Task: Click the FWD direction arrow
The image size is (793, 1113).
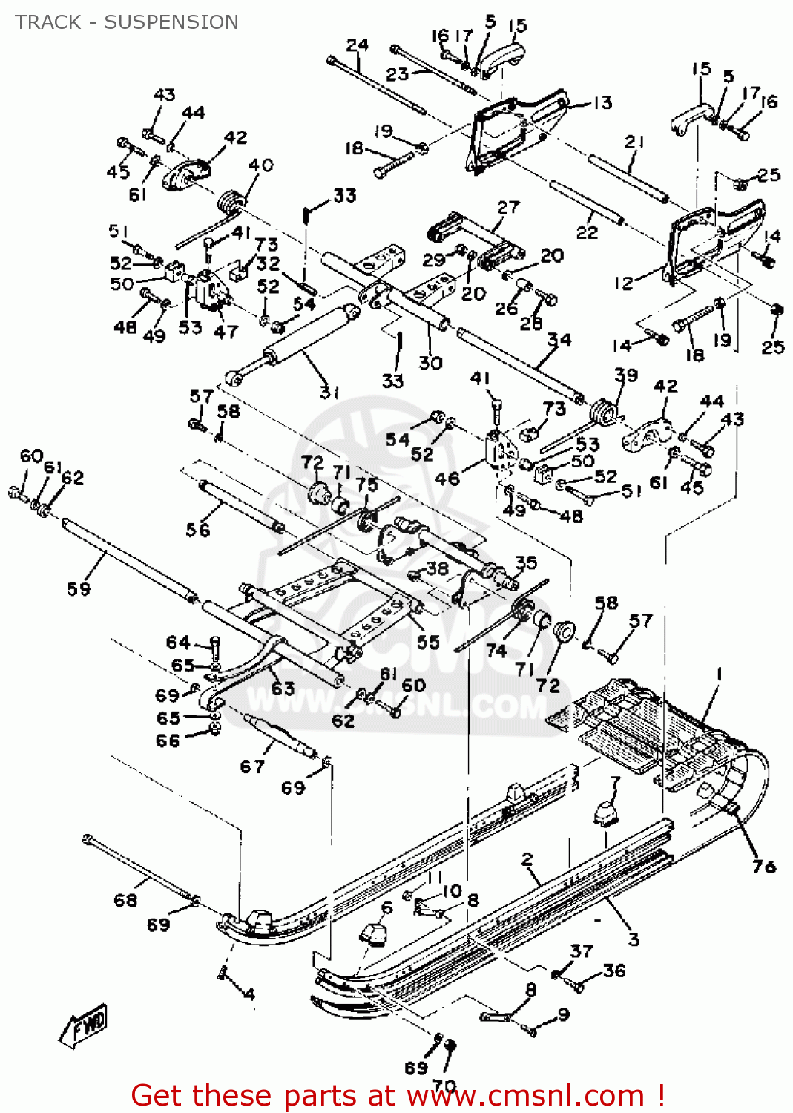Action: (x=85, y=1025)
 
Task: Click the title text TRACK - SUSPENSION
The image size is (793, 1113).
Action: (x=127, y=22)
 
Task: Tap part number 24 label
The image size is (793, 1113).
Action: (x=357, y=45)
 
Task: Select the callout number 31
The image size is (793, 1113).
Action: (x=329, y=392)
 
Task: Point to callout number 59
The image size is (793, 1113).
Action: (x=79, y=589)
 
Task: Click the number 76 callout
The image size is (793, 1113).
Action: (x=763, y=866)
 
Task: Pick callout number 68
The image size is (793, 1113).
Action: (x=125, y=900)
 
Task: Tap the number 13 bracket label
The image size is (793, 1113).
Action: (x=602, y=103)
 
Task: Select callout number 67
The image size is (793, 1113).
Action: (x=252, y=766)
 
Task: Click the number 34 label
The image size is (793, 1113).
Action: (x=559, y=340)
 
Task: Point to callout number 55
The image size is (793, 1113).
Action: (x=428, y=642)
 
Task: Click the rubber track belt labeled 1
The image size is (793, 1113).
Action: (x=653, y=735)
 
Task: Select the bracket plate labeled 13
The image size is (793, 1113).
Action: (x=512, y=130)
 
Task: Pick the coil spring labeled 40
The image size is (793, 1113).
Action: (x=231, y=202)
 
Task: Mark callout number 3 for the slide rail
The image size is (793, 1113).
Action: (x=633, y=939)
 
